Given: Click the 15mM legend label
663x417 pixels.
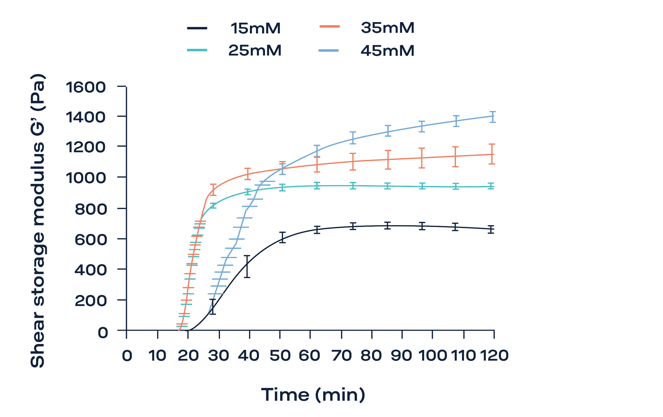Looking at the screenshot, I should coord(255,28).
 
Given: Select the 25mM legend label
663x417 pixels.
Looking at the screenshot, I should coord(255,51).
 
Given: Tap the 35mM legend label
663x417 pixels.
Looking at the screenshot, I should coord(387,28).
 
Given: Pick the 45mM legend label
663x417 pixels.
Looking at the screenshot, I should coord(387,51).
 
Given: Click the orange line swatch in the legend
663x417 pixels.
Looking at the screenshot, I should coord(329,26).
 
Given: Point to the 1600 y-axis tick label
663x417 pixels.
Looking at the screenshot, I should coord(86,87).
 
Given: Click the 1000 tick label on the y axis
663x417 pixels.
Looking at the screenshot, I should coord(86,178).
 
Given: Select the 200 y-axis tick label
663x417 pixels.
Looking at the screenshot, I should coord(90,300).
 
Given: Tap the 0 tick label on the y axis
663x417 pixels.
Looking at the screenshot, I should coord(103,332).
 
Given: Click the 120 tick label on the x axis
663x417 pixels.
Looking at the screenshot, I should coord(494,355).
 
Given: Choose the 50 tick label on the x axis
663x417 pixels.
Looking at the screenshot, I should coord(280,355).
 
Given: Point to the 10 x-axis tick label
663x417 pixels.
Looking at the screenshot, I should coord(157,355).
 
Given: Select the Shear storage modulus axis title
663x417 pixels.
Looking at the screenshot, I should coord(38,221).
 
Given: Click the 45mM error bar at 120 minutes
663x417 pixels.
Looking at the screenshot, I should coord(492,117).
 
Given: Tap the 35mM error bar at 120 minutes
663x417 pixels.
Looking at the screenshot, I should coord(492,154).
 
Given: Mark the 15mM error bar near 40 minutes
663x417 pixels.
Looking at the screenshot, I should coord(247,266).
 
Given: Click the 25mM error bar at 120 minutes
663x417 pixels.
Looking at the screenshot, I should coord(491,186).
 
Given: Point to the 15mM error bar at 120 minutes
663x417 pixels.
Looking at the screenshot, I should coord(491,229).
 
